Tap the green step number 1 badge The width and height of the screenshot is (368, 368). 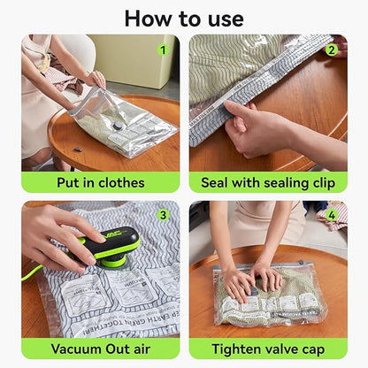coord(163,50)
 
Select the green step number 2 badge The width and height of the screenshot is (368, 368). coord(331,50)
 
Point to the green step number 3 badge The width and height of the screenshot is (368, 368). coord(163,215)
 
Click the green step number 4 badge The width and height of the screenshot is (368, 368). coord(331,215)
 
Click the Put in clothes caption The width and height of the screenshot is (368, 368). coord(100,183)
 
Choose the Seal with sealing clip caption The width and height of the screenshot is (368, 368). coord(268,183)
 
